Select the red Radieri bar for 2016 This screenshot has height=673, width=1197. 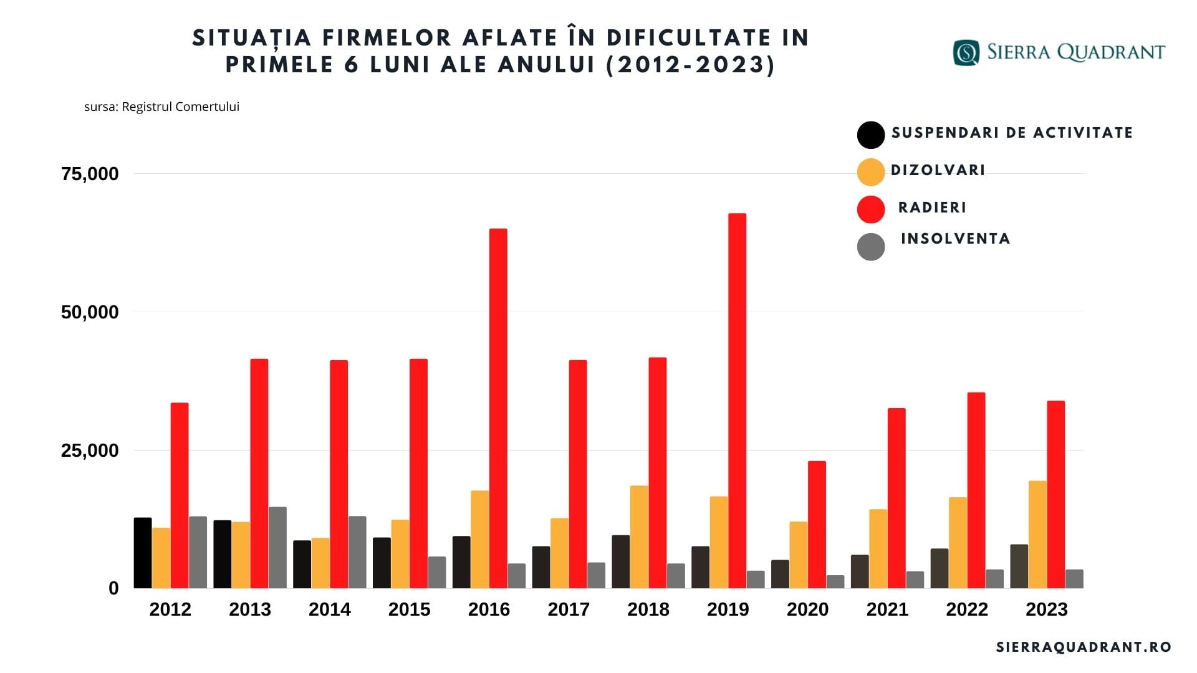(x=498, y=409)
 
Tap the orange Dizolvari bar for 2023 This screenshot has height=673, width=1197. (x=1037, y=535)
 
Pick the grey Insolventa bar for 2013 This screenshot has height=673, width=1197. (x=277, y=548)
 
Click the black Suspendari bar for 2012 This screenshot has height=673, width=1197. (x=143, y=553)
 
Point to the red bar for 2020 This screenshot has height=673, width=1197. (x=817, y=525)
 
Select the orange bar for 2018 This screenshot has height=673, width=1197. (x=639, y=537)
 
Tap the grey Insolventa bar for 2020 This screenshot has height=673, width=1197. (x=835, y=582)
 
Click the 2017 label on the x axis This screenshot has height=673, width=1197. (x=569, y=609)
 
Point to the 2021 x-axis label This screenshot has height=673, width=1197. (x=887, y=609)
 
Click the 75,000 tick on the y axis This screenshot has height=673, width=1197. (x=90, y=174)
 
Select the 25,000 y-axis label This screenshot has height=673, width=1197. (x=90, y=451)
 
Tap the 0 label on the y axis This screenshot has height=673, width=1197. (x=113, y=588)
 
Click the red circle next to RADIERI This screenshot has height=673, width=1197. (x=871, y=209)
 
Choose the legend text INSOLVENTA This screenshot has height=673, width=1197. (x=955, y=239)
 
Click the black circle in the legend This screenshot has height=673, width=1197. (x=871, y=135)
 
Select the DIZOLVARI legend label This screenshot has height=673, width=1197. (x=938, y=170)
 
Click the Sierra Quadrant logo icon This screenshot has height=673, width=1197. (x=966, y=52)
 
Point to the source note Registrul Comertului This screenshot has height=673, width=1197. (x=161, y=107)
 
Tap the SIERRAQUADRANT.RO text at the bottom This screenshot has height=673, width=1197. (x=1084, y=647)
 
